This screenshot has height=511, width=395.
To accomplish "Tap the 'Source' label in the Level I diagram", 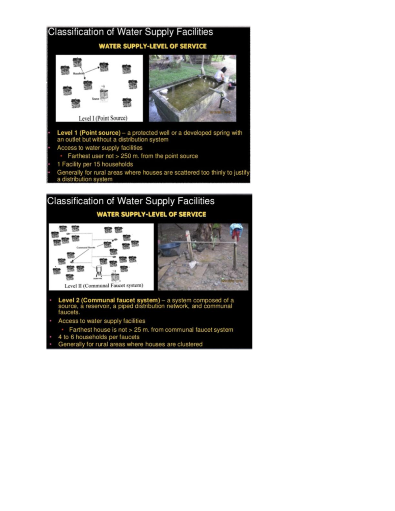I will click(x=95, y=98).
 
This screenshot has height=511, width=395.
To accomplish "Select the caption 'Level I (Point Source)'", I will click(x=103, y=118).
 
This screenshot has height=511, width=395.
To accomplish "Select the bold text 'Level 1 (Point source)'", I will click(x=89, y=133).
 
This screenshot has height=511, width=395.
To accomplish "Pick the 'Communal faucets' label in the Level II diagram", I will click(x=86, y=247).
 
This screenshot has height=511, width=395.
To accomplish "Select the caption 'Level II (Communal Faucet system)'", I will click(x=104, y=286).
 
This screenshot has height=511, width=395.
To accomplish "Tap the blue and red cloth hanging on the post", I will click(x=236, y=231).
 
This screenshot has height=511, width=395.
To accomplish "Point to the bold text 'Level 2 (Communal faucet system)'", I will click(x=109, y=300).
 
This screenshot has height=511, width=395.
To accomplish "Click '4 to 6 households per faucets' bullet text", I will click(x=99, y=337).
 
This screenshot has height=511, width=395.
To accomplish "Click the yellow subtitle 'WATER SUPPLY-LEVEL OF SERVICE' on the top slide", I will click(x=153, y=46).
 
